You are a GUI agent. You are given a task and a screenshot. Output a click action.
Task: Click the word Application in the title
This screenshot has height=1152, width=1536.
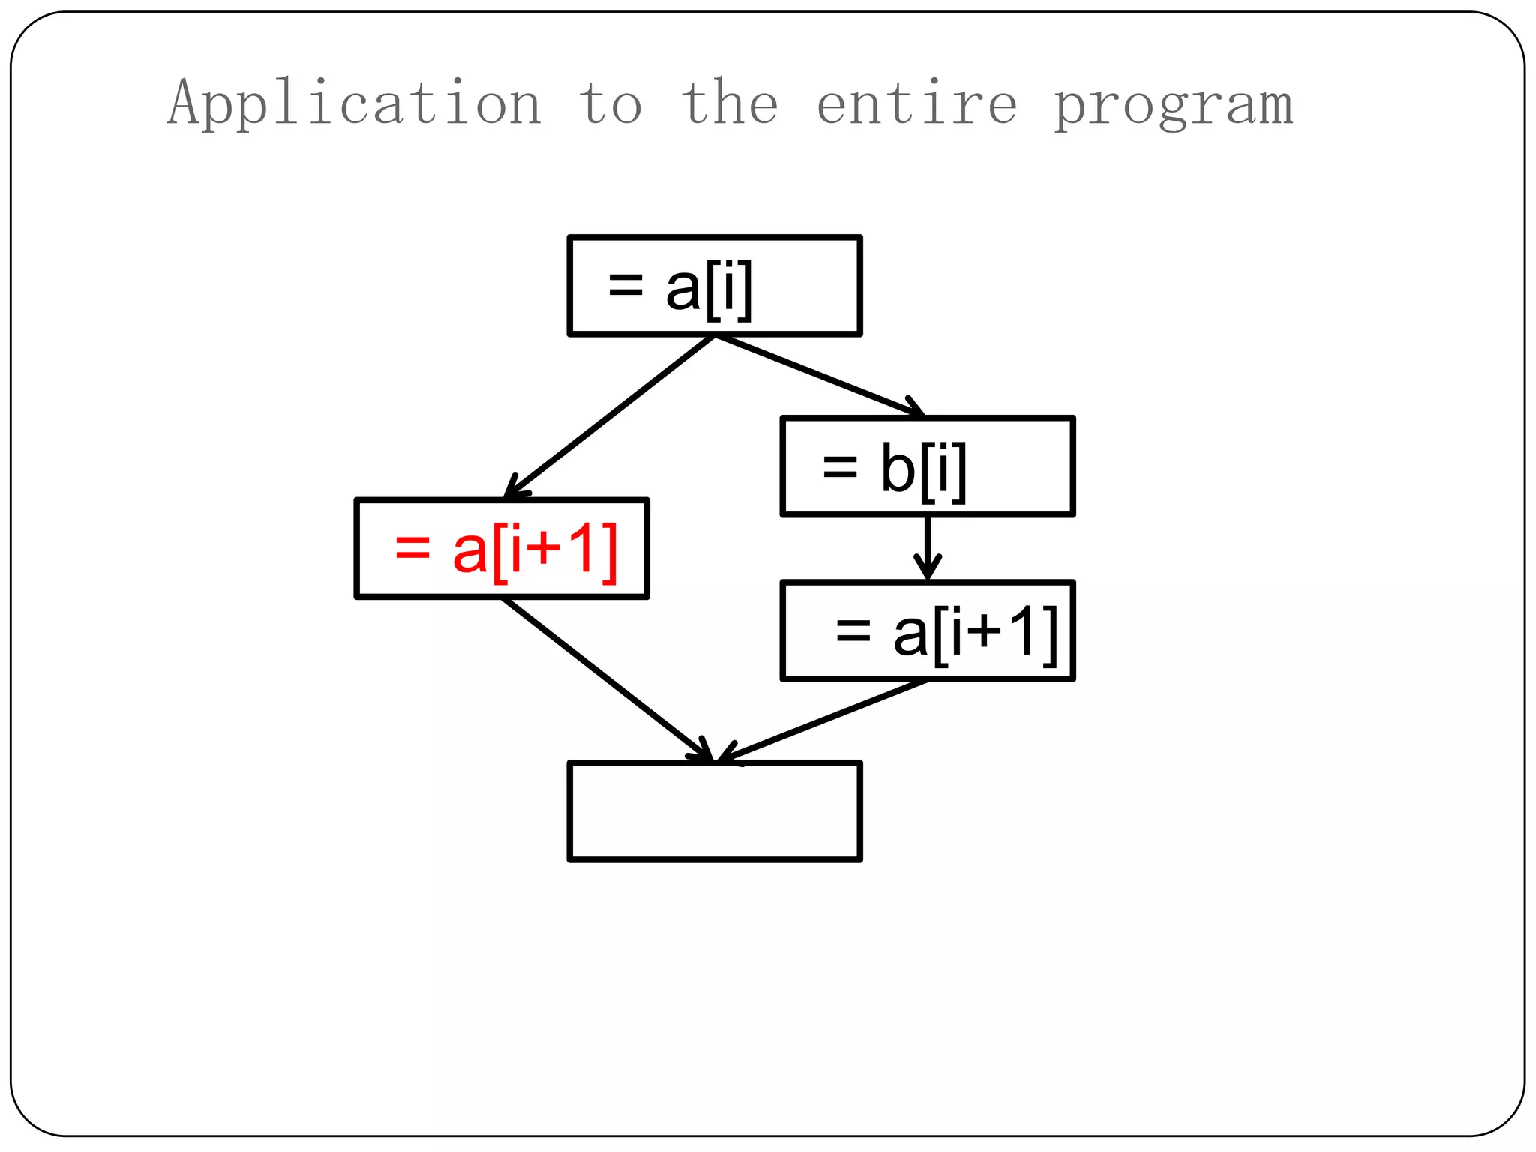pyautogui.click(x=354, y=103)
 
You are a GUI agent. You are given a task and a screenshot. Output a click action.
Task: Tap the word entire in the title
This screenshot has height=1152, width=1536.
pyautogui.click(x=916, y=103)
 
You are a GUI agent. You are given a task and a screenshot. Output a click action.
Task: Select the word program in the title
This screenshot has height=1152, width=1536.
pyautogui.click(x=1174, y=105)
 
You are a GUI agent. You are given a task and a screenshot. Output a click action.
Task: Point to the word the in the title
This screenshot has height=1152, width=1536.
pyautogui.click(x=730, y=103)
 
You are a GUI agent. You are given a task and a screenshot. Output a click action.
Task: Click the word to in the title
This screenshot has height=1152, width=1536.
pyautogui.click(x=610, y=103)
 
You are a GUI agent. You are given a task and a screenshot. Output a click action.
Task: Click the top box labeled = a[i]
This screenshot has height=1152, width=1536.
pyautogui.click(x=715, y=286)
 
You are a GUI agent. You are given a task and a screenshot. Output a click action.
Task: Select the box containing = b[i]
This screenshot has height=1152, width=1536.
pyautogui.click(x=928, y=466)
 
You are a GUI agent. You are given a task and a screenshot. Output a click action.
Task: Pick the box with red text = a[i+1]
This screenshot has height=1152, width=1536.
pyautogui.click(x=502, y=548)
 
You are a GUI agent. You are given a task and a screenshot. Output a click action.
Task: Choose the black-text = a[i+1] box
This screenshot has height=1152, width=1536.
pyautogui.click(x=928, y=631)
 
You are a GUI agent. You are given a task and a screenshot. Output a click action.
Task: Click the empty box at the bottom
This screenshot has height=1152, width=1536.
pyautogui.click(x=715, y=811)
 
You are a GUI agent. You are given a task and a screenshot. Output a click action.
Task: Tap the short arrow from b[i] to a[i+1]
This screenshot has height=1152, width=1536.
pyautogui.click(x=928, y=547)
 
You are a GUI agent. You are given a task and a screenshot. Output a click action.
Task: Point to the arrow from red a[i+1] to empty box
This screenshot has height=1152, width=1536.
pyautogui.click(x=607, y=679)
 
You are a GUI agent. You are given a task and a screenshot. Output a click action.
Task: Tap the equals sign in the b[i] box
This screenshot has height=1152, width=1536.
pyautogui.click(x=840, y=466)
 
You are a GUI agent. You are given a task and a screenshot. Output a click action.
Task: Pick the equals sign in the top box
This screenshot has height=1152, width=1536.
pyautogui.click(x=625, y=284)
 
